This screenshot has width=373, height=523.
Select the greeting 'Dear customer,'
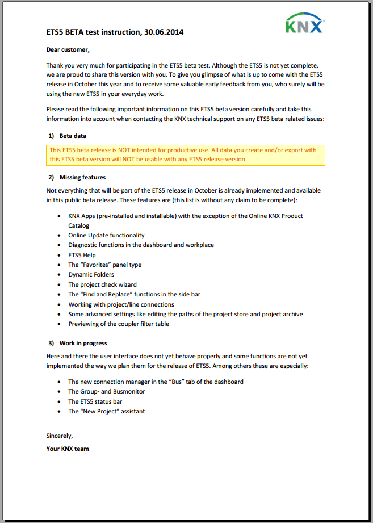click(x=68, y=49)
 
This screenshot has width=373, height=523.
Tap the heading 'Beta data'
click(x=73, y=136)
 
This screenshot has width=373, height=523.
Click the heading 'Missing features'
click(x=82, y=177)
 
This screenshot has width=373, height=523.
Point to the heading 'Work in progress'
click(x=83, y=343)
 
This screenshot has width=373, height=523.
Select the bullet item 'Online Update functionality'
click(x=106, y=235)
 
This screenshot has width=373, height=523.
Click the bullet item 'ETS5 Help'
click(x=82, y=255)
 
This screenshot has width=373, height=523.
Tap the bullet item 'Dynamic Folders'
click(x=91, y=274)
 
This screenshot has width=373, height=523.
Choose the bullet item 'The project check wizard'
click(x=102, y=284)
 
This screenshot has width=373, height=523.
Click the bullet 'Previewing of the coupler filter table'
click(x=119, y=324)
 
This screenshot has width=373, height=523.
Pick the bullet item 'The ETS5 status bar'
click(x=95, y=401)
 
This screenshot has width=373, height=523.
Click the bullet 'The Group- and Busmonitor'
click(x=106, y=391)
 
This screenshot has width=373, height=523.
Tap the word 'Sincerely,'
click(x=60, y=436)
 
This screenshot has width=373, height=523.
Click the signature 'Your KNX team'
click(x=68, y=449)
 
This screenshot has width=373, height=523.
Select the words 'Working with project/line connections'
click(x=121, y=304)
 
